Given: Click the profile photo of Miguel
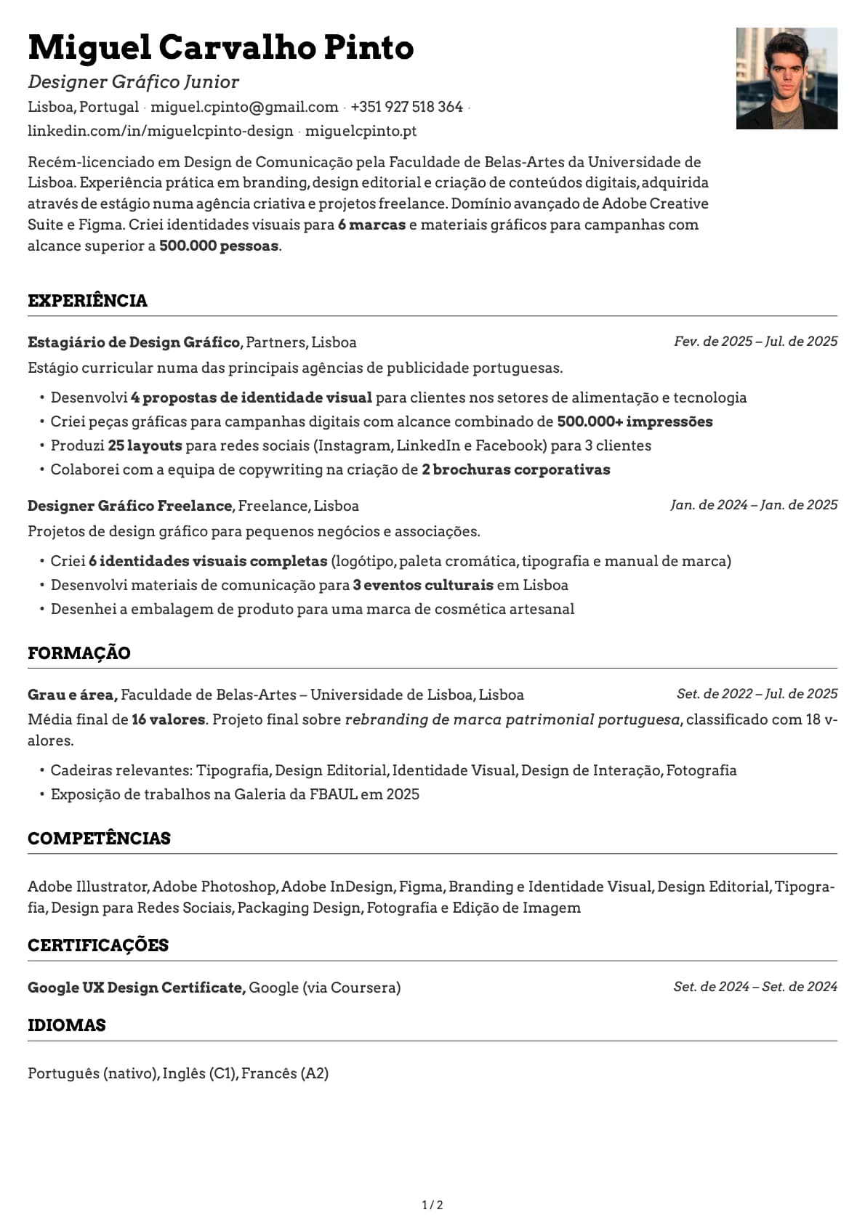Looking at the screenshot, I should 786,78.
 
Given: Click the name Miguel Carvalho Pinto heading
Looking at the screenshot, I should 220,48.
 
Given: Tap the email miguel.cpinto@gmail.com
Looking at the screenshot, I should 244,107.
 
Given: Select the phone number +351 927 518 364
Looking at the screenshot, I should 406,107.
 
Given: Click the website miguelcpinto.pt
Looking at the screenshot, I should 361,131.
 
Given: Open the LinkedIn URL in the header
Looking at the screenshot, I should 160,131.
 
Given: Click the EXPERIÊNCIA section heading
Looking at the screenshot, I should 87,301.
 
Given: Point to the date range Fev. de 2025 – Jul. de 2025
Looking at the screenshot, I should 755,342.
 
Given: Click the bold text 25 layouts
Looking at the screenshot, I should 145,445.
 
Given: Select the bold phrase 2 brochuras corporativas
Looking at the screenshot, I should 515,469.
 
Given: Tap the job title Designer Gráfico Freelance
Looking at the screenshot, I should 131,506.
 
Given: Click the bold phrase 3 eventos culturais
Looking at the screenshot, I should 423,585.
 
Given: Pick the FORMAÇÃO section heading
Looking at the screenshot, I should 79,653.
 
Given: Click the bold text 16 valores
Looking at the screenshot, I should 169,719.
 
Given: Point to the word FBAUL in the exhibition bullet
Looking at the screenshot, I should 333,794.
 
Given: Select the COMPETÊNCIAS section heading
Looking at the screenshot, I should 99,839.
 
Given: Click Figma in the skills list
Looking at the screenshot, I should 421,887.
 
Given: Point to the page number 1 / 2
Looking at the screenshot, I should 432,1205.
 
